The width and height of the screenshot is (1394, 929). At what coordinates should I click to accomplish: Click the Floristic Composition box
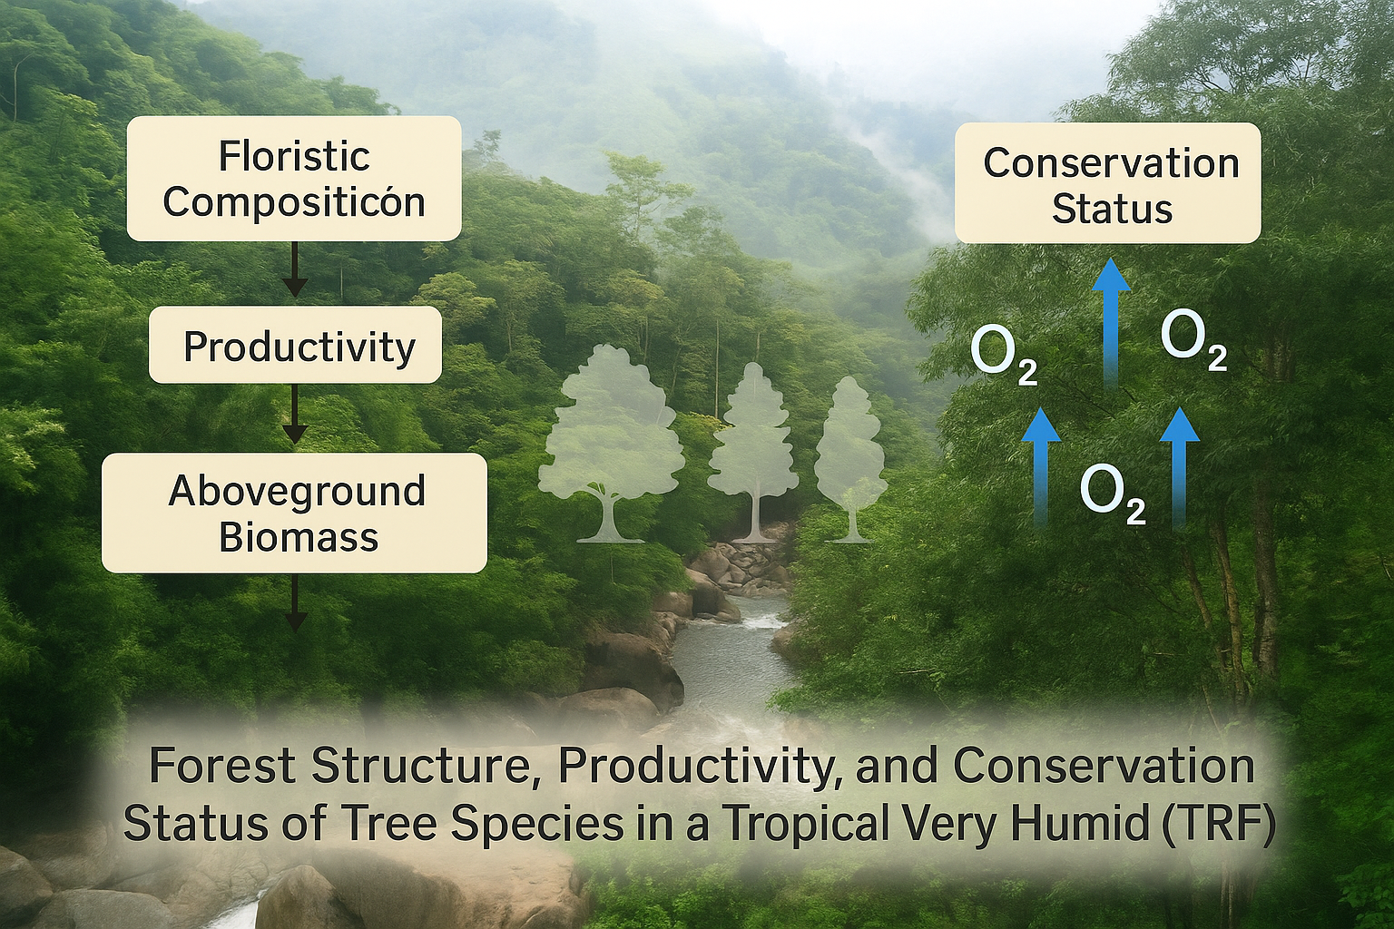(294, 179)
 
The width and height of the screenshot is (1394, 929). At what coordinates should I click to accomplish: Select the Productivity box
(295, 345)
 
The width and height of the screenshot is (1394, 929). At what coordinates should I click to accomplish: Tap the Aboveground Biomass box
(294, 513)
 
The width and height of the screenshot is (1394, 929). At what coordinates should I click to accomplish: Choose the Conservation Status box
(1108, 183)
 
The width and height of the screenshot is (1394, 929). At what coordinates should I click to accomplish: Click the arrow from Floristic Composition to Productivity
(295, 269)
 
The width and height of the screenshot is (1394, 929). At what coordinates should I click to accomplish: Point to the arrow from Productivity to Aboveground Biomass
(295, 414)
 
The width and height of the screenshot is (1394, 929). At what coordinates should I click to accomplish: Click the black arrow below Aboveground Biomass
(295, 602)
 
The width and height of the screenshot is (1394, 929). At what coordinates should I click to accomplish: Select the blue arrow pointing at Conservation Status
(1112, 324)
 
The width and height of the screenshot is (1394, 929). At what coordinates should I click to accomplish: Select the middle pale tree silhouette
(754, 452)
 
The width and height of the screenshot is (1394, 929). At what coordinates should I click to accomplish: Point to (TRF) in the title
(1215, 824)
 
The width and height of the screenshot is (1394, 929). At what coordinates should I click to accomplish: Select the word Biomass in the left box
(299, 537)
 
